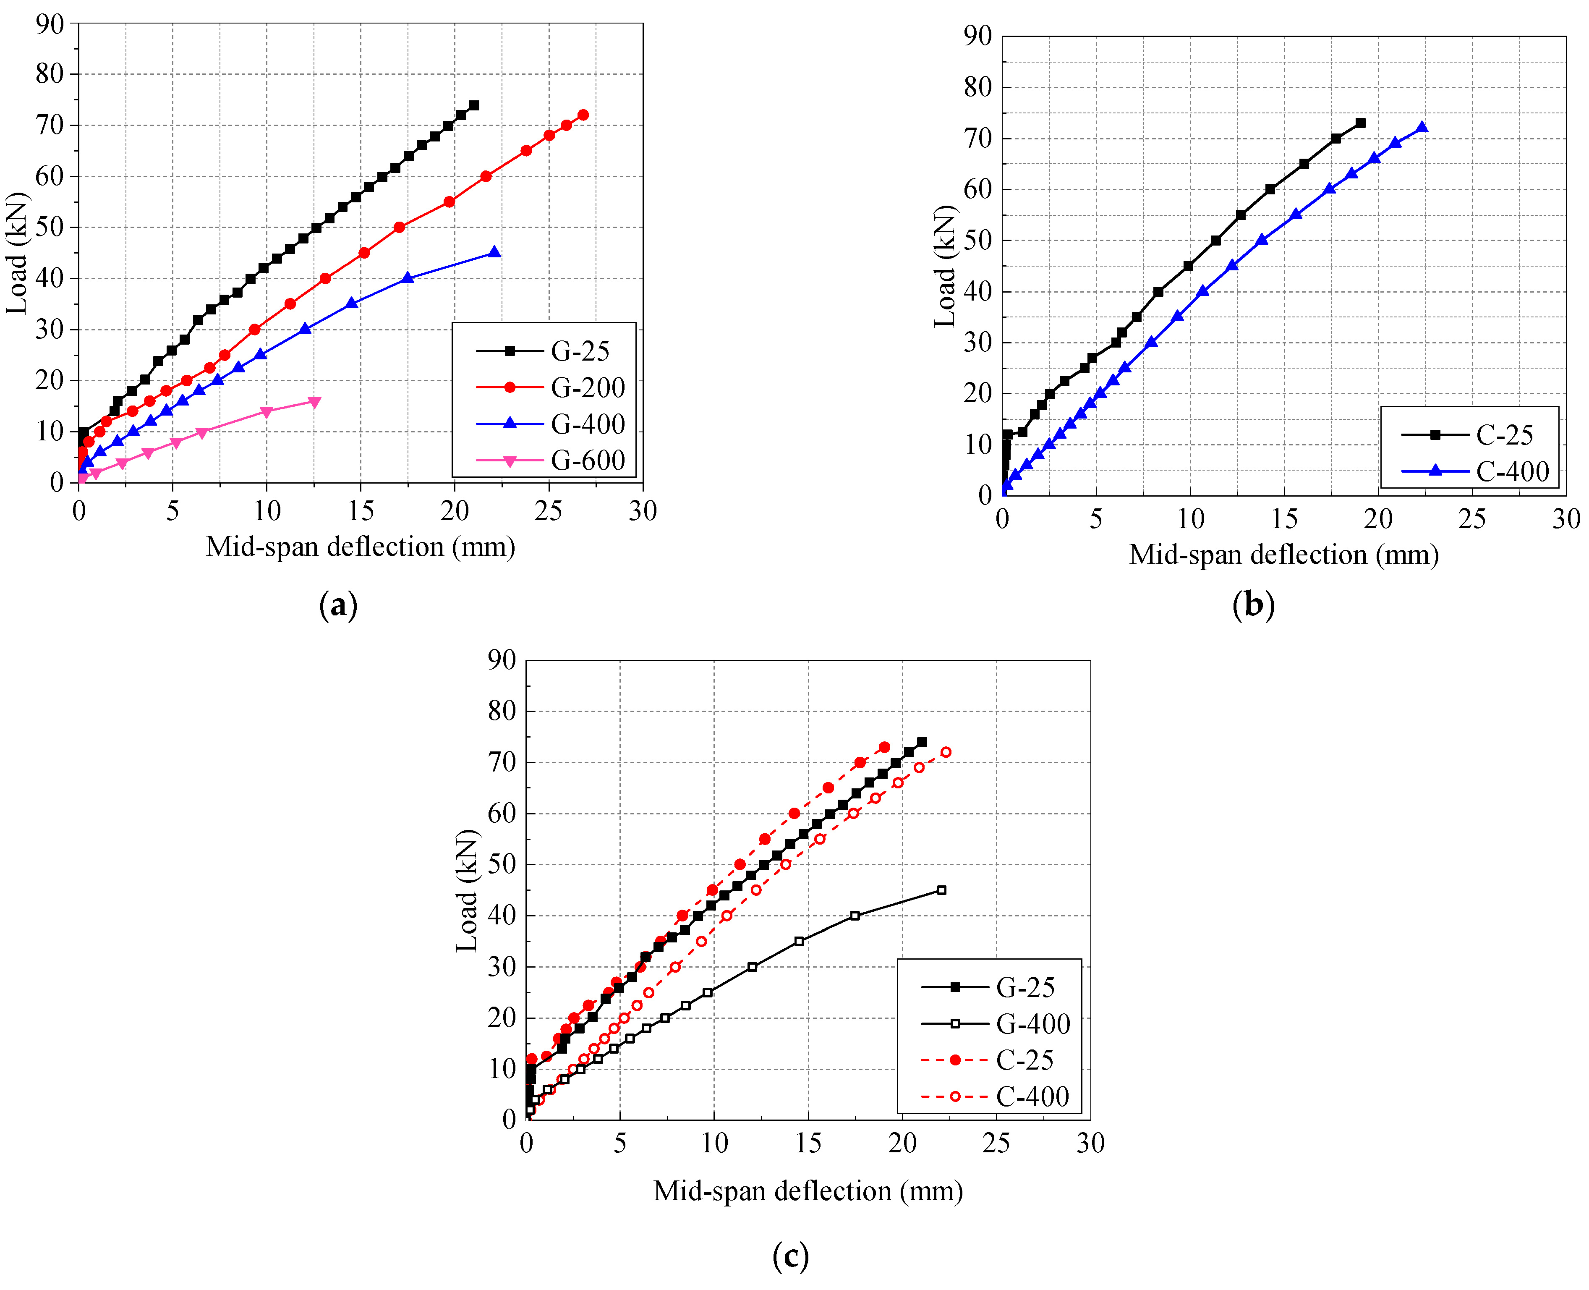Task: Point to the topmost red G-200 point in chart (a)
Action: pos(583,115)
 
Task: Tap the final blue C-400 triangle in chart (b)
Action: pos(1422,127)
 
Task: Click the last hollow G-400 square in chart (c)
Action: pos(941,890)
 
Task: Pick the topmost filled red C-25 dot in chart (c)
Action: pos(884,747)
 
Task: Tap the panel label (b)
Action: pos(1253,604)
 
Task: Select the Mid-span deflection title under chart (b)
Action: pos(1284,555)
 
